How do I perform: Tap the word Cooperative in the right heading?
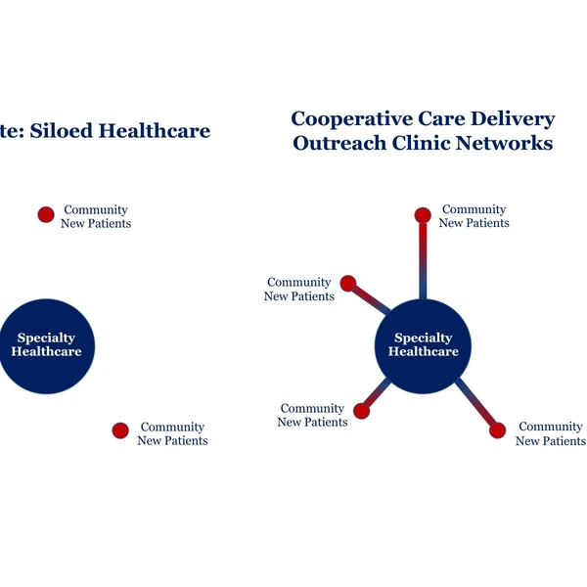pos(351,119)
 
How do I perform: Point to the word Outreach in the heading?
pos(339,143)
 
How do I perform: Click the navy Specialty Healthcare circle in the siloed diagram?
pos(46,346)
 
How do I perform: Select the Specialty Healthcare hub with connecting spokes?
pos(423,346)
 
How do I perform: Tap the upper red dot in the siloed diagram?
pos(46,214)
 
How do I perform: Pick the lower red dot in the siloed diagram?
pos(120,430)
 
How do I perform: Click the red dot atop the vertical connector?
pos(423,215)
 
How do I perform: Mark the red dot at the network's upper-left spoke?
pos(348,284)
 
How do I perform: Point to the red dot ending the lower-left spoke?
pos(361,411)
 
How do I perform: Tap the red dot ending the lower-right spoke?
pos(498,430)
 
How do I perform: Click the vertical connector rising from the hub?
pos(423,261)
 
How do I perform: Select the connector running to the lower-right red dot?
pos(475,402)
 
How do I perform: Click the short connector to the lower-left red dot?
pos(378,394)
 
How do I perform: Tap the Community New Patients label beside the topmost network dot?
pos(474,216)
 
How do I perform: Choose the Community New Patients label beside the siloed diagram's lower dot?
pos(172,433)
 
